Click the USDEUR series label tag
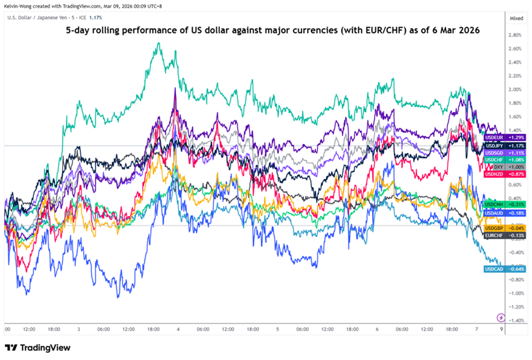tap(496, 138)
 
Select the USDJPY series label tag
tap(496, 146)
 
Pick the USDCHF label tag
tap(496, 160)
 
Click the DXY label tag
tap(496, 167)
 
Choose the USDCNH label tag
tap(496, 204)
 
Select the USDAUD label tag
tap(496, 212)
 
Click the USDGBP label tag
tap(496, 228)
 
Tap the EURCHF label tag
tap(496, 235)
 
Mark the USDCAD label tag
tap(496, 269)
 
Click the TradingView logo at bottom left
tap(36, 347)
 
